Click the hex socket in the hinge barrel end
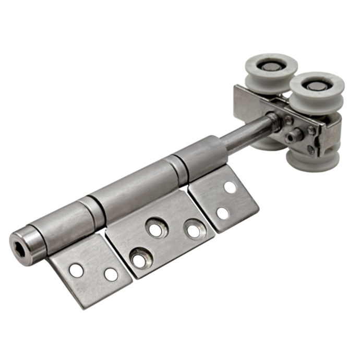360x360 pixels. coord(21,244)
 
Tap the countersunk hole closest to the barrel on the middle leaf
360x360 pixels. coord(155,229)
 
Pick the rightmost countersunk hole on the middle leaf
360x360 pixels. coord(194,230)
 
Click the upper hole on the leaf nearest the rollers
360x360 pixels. coord(230,187)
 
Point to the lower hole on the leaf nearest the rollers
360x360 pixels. coord(222,213)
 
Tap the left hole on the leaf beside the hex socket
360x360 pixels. coord(77,270)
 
